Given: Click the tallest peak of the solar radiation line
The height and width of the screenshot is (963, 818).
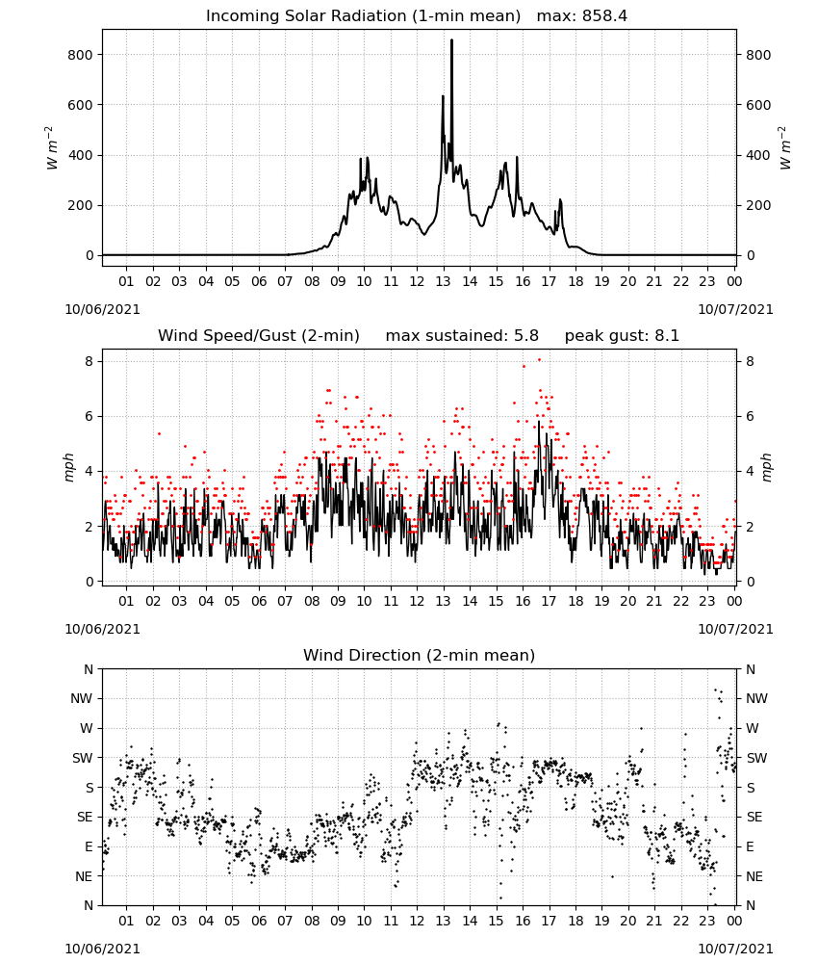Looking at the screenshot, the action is (x=451, y=40).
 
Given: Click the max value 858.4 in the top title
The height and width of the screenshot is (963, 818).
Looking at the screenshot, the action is (x=604, y=16).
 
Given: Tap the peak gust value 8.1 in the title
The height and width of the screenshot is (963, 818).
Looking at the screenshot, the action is (x=667, y=336).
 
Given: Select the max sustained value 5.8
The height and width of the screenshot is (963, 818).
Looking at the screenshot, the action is (x=526, y=336).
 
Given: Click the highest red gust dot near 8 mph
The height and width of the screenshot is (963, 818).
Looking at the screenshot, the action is (x=540, y=359).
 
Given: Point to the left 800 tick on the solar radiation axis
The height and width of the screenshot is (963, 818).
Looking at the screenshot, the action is (x=81, y=55).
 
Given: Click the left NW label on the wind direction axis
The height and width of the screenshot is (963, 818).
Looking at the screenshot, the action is (x=82, y=698).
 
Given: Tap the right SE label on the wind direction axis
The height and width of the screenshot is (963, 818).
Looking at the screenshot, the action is (x=754, y=817).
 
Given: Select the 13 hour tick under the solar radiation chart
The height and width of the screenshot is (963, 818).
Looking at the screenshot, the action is (x=443, y=281).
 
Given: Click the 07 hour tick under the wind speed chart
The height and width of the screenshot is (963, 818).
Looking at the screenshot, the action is (x=285, y=601).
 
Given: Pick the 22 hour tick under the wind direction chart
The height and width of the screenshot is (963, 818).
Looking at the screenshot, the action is (x=680, y=921).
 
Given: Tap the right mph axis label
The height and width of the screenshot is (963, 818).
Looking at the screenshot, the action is (x=766, y=467).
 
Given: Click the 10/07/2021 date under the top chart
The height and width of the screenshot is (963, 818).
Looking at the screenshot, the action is (x=735, y=309).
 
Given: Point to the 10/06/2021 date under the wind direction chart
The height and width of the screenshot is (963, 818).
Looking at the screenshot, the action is (x=102, y=949).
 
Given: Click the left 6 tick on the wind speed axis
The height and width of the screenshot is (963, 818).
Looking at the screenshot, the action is (x=89, y=416).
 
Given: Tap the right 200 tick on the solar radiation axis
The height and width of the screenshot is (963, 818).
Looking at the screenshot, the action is (x=758, y=206).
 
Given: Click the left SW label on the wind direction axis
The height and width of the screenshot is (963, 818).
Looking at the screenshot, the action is (x=82, y=758).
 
